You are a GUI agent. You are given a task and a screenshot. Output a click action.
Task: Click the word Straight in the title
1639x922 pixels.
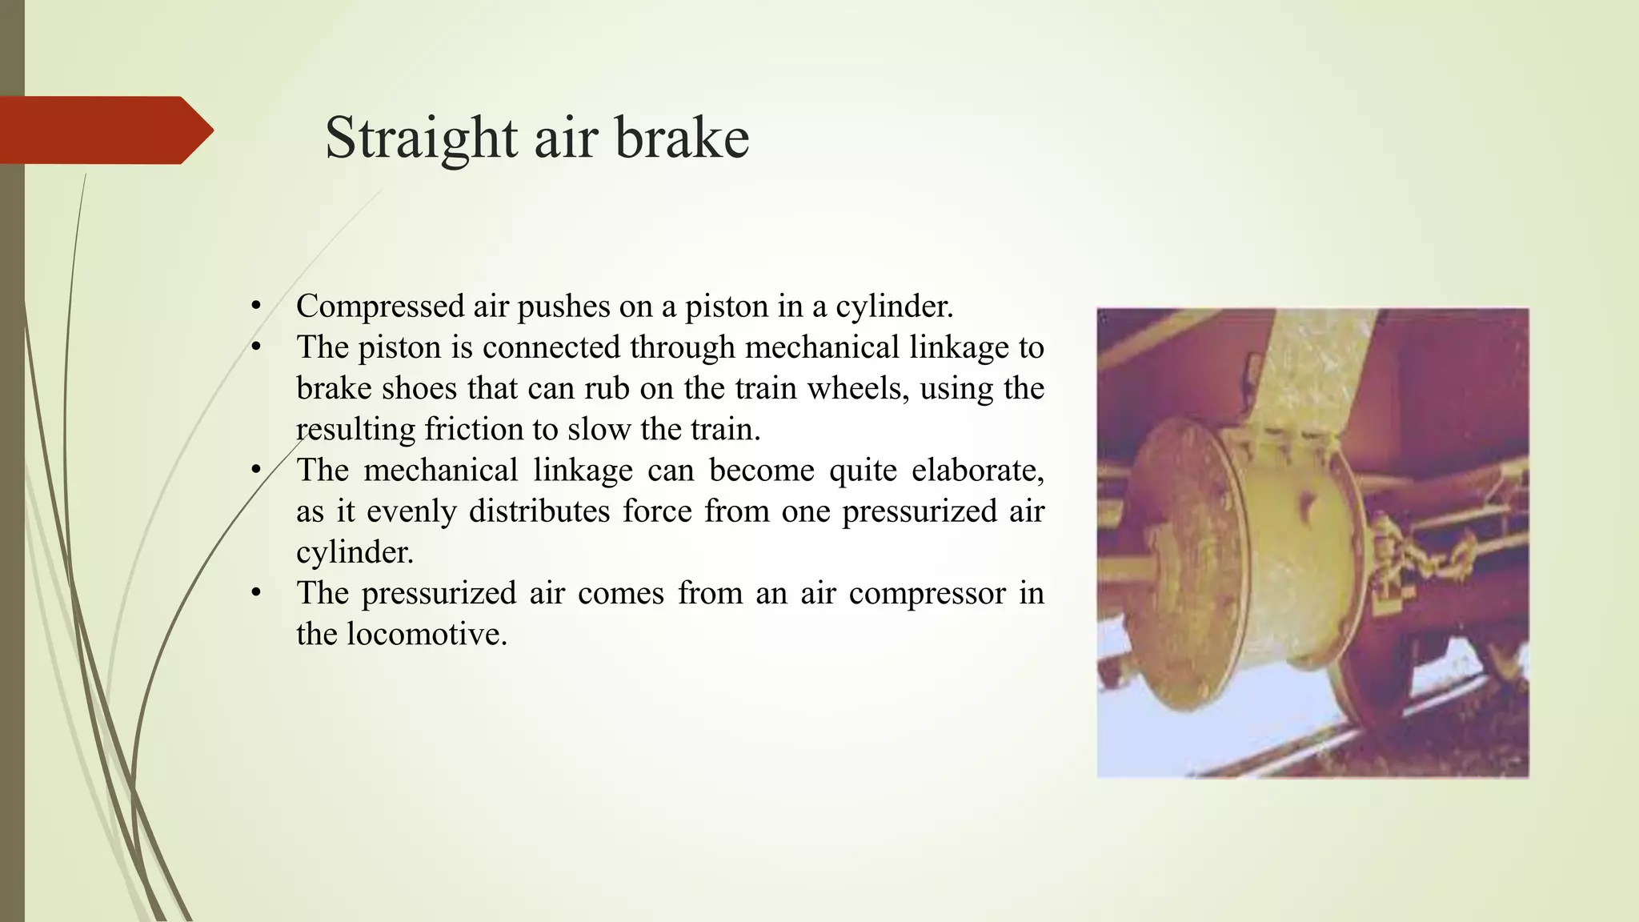[x=421, y=138]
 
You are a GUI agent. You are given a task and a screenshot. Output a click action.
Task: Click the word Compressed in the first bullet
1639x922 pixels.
[x=380, y=307]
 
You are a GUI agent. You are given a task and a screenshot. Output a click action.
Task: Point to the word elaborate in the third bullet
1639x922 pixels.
[x=977, y=470]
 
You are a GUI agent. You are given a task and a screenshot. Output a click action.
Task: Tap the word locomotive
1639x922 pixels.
[x=427, y=634]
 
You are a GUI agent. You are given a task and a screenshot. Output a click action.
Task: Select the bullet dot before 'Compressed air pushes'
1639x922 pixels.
[x=256, y=307]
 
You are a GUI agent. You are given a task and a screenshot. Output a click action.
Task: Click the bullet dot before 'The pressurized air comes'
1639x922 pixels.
[x=256, y=593]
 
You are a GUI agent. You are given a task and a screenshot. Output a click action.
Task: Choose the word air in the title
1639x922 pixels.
[x=565, y=138]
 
